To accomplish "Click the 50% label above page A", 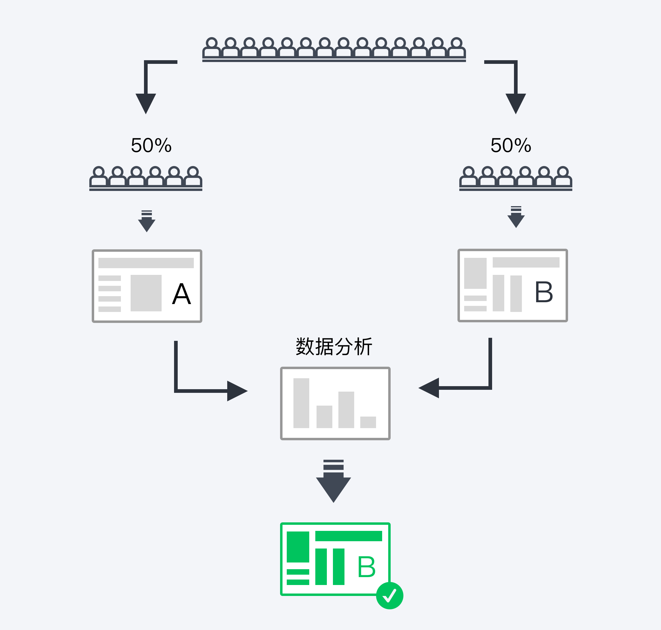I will (x=151, y=145).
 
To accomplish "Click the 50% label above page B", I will (x=511, y=145).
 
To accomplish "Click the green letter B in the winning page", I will (x=366, y=567).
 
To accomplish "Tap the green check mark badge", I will (x=389, y=596).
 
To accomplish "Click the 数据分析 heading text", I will (x=334, y=346).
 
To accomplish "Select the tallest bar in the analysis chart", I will (x=301, y=403).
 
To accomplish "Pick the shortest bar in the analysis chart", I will (x=368, y=422).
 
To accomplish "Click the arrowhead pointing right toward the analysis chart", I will (x=236, y=391).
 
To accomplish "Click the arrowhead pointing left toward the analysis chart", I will (x=430, y=388).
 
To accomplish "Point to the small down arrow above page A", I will (x=147, y=223).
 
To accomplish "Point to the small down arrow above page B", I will (x=516, y=219).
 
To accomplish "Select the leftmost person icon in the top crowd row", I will (x=211, y=47).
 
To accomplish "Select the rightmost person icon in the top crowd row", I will (x=456, y=47).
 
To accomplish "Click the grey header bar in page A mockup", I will (x=146, y=263).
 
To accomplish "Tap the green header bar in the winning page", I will (x=348, y=536).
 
